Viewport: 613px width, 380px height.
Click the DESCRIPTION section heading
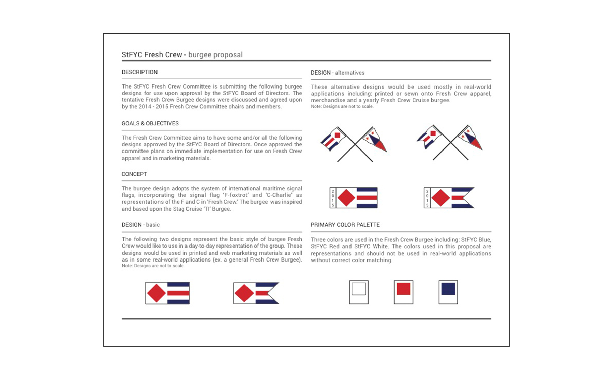(139, 72)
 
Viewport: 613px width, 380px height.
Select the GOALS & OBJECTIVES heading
(150, 123)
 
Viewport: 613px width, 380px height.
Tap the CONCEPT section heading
(134, 174)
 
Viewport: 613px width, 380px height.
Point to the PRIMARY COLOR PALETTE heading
(345, 225)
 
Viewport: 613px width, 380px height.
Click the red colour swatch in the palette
(403, 289)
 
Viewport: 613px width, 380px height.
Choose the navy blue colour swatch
(448, 289)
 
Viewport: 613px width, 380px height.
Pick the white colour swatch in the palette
(359, 289)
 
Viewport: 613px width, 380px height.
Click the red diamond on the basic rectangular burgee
(156, 293)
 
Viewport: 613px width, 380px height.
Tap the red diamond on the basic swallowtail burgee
(244, 293)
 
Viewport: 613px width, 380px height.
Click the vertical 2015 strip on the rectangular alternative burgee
(333, 198)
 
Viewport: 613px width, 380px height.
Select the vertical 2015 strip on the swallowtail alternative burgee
(427, 198)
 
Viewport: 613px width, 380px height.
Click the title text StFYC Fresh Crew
(152, 55)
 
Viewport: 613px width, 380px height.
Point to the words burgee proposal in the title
(215, 55)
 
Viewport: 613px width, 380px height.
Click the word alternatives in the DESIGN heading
(349, 73)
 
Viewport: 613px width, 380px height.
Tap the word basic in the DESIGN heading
(153, 225)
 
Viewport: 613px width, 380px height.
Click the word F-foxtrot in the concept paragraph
(236, 195)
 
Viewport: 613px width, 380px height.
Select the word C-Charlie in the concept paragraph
(279, 195)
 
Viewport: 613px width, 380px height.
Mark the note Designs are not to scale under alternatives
(342, 106)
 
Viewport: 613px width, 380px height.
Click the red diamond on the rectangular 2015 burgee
(346, 198)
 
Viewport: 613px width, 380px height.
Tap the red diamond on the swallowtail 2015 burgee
(440, 198)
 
